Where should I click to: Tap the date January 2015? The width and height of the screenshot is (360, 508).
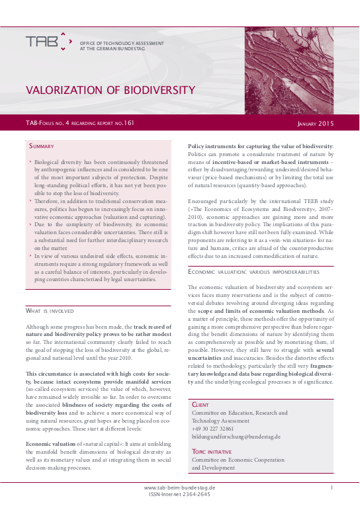(x=315, y=123)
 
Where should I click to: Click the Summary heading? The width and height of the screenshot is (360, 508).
(x=42, y=146)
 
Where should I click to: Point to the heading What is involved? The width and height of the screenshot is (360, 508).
(x=53, y=310)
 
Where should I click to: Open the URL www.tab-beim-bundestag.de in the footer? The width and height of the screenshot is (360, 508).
(x=179, y=487)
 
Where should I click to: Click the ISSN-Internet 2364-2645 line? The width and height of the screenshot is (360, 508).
(x=179, y=494)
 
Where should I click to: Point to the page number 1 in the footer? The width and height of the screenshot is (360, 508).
(x=330, y=487)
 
